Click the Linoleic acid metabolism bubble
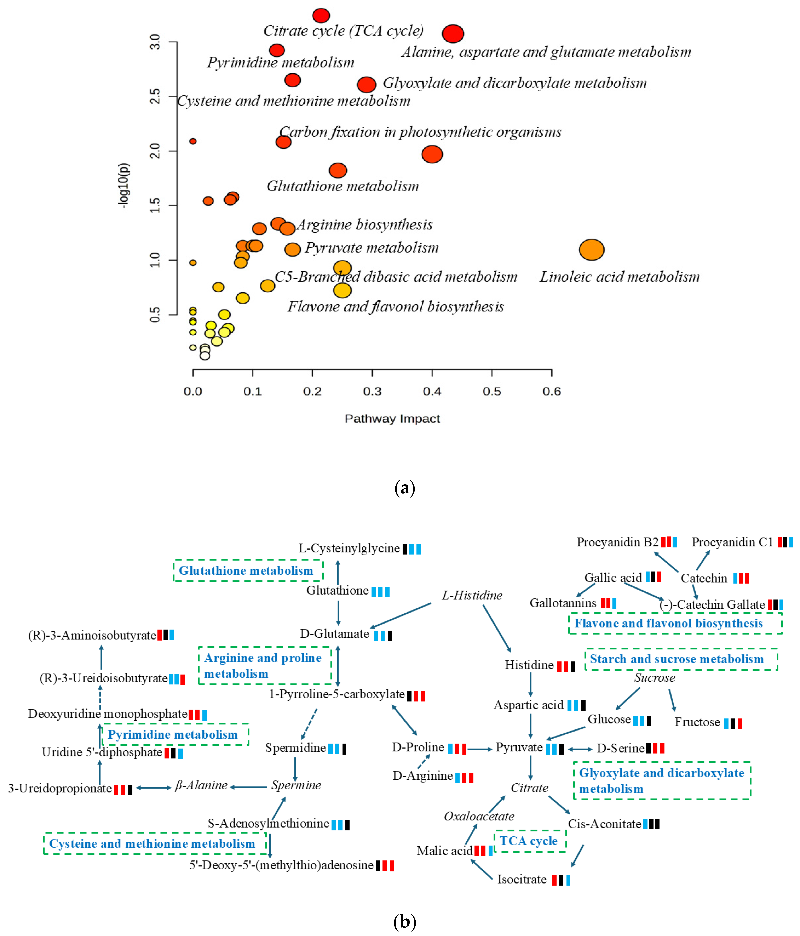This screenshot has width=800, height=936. tap(592, 250)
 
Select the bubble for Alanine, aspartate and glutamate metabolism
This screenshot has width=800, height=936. tap(453, 34)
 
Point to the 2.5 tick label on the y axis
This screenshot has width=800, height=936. tap(155, 96)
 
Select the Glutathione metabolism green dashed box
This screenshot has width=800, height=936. tap(248, 571)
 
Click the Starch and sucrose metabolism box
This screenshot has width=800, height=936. tap(681, 659)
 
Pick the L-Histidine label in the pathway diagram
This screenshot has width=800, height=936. tap(472, 595)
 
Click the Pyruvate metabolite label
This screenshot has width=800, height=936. tap(519, 747)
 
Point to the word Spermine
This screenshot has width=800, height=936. tap(296, 785)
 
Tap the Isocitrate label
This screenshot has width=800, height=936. tap(522, 879)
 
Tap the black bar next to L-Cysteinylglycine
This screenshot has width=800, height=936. tap(405, 549)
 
